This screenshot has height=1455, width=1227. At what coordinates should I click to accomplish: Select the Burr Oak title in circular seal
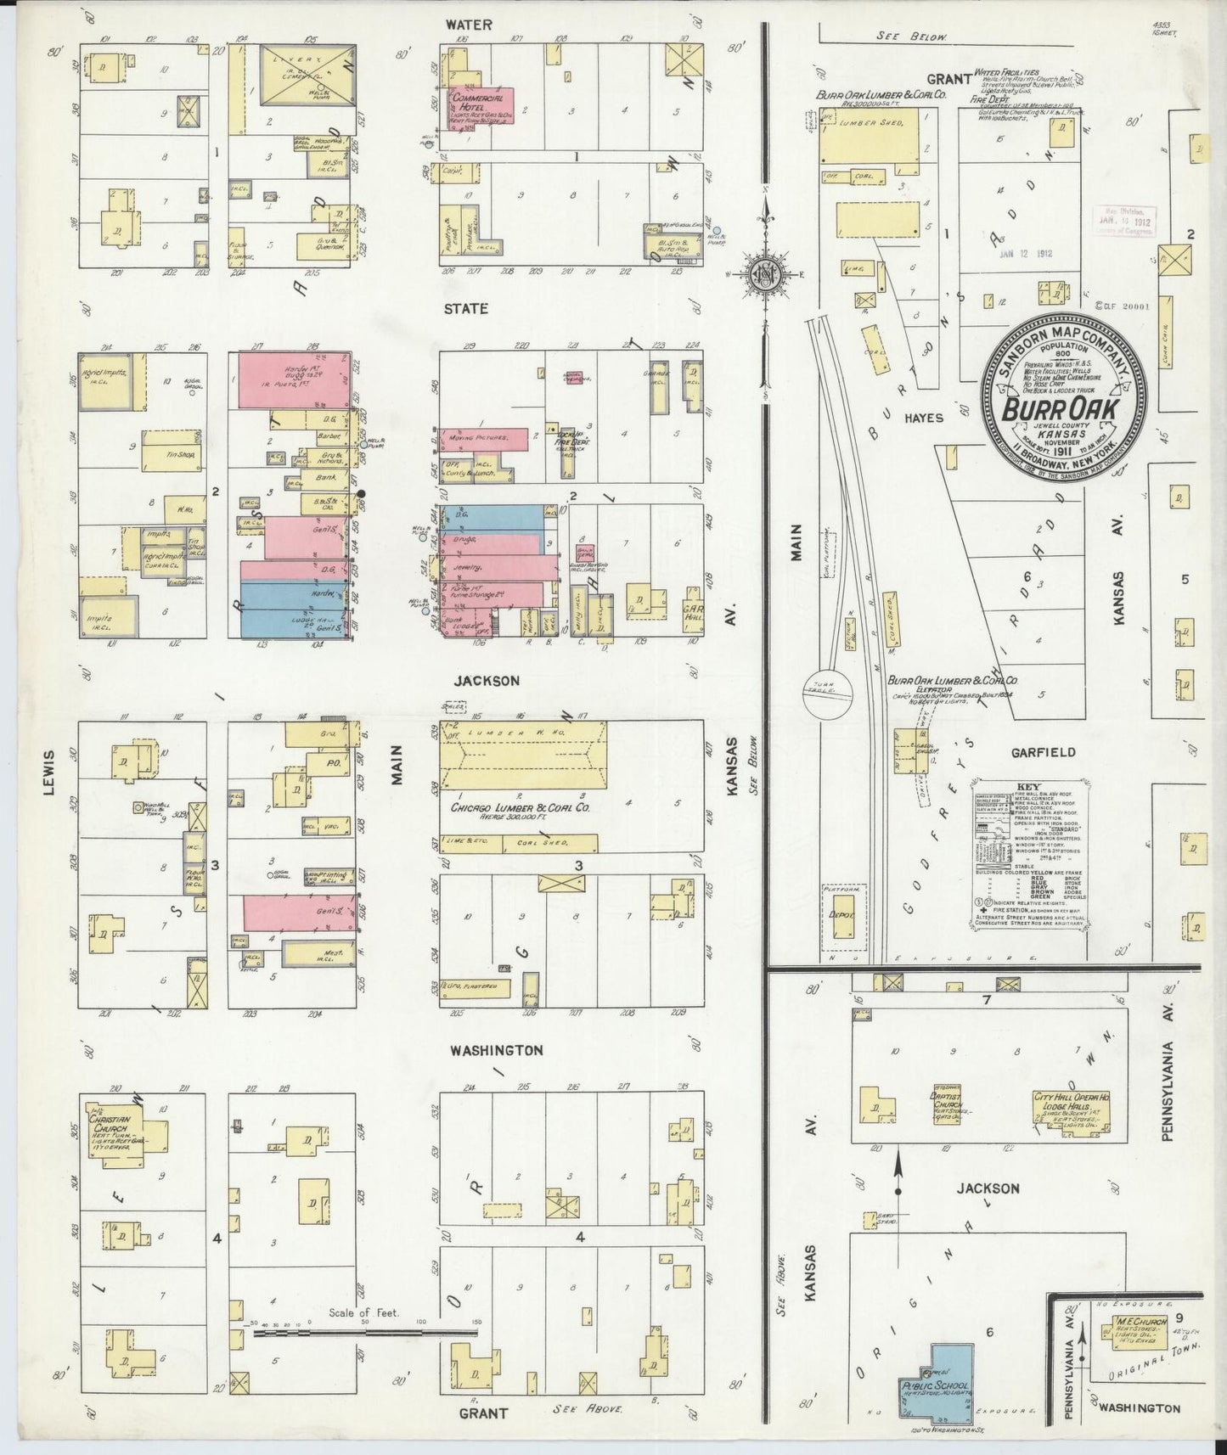click(x=1061, y=409)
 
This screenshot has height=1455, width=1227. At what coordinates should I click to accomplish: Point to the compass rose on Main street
click(x=767, y=273)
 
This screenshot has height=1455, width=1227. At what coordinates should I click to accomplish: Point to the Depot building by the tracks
click(x=843, y=917)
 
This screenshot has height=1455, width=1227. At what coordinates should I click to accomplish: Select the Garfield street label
click(x=1043, y=752)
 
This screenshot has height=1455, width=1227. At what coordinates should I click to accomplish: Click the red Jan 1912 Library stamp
click(x=1122, y=218)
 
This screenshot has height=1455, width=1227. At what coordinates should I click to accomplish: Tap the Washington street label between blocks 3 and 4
click(x=496, y=1049)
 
